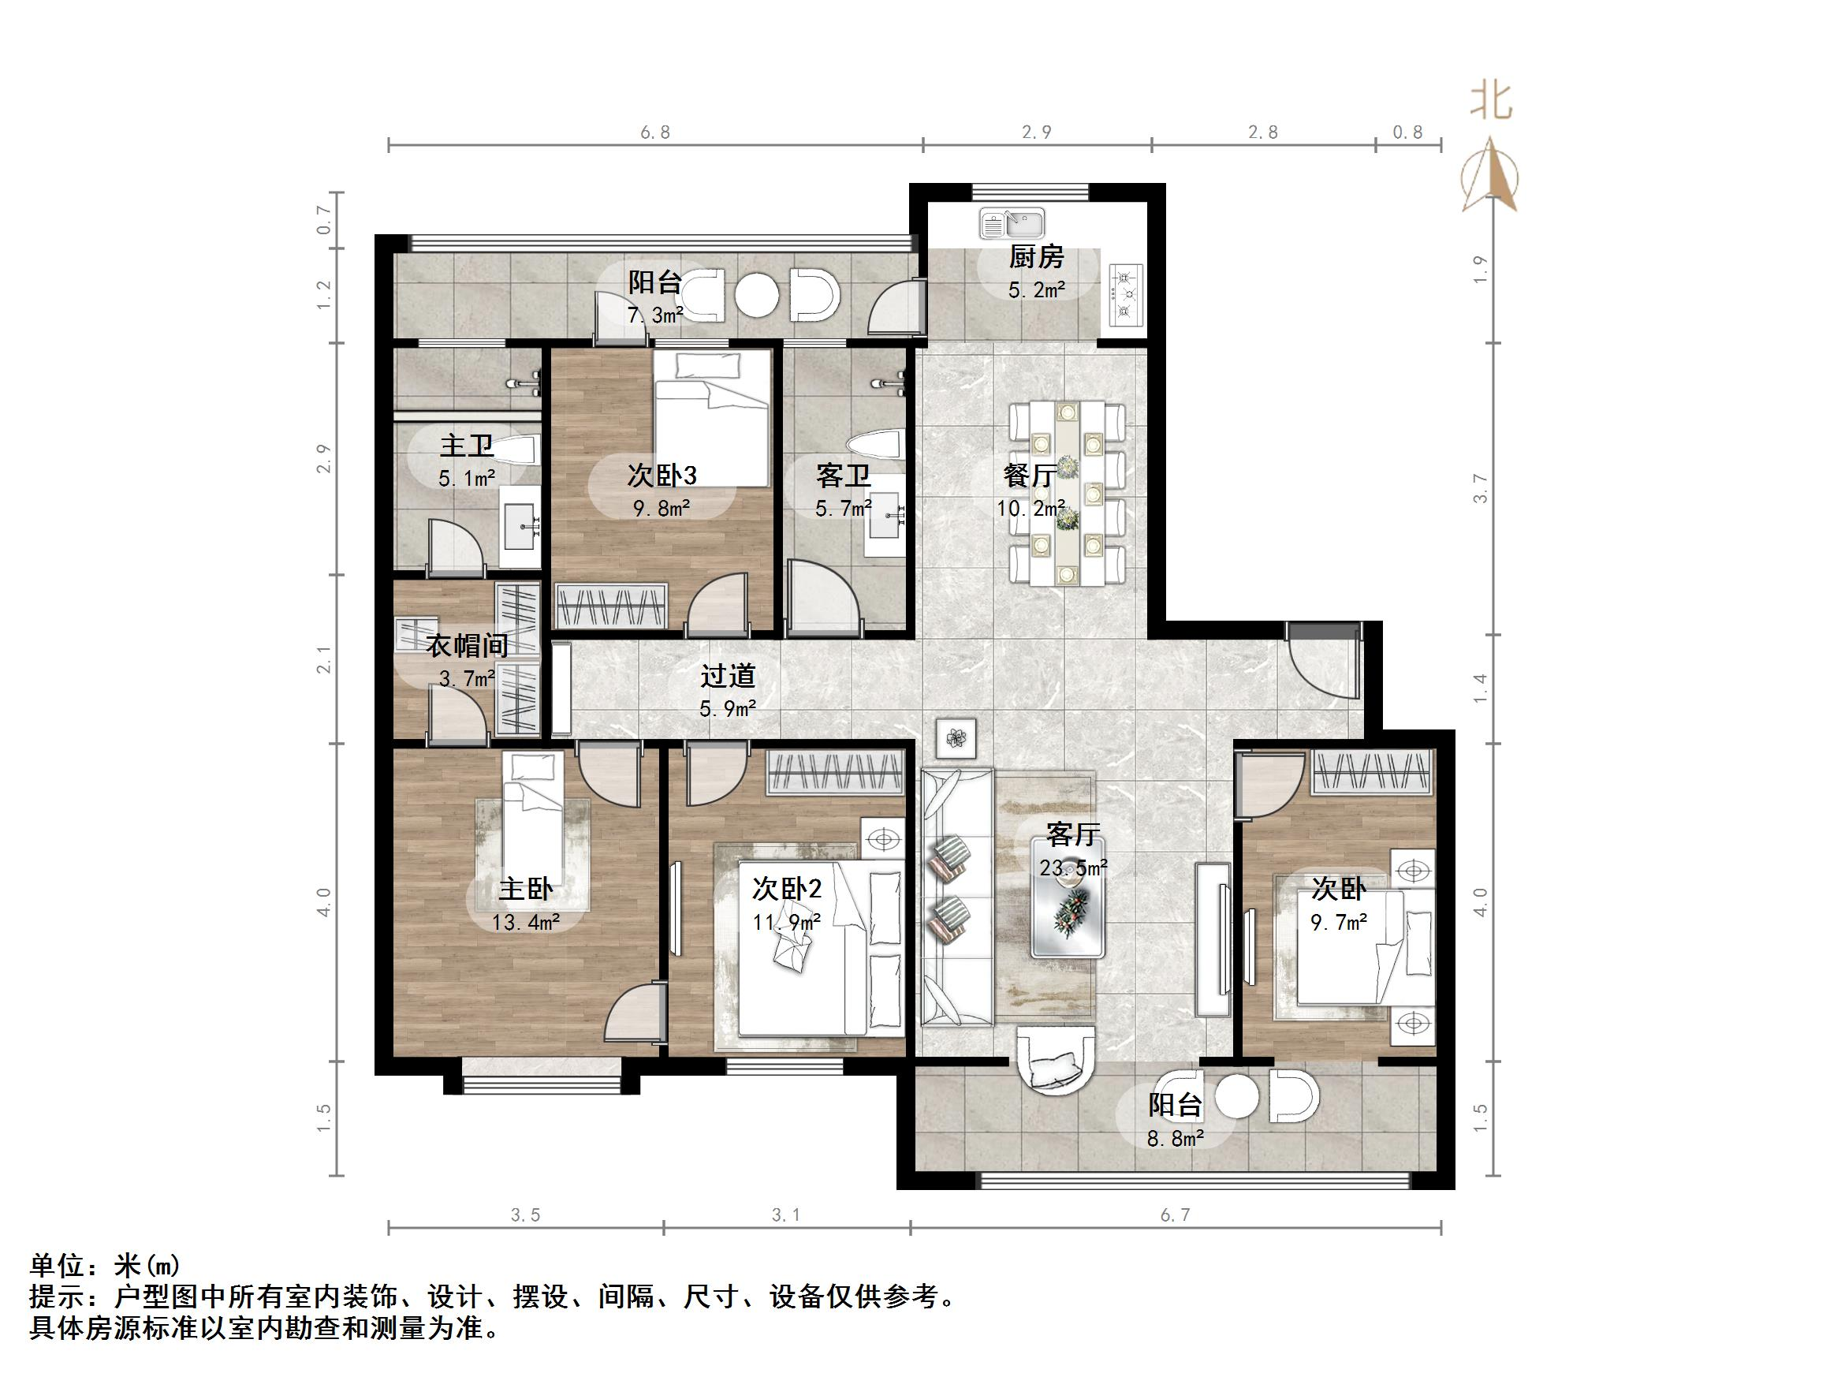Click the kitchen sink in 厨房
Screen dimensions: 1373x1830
1012,223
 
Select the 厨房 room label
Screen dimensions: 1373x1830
1036,257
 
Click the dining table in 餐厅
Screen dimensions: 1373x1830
1068,491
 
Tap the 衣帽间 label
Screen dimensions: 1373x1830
467,645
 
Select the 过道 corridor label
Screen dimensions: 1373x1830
728,676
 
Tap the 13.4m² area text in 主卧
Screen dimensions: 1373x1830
526,922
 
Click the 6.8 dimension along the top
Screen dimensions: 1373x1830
654,132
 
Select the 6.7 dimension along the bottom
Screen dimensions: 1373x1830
1175,1215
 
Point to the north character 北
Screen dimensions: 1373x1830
1491,103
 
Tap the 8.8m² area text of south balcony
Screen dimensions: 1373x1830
1175,1139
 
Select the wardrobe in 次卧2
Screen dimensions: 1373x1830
835,773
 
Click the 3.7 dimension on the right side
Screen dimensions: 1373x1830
1480,488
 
